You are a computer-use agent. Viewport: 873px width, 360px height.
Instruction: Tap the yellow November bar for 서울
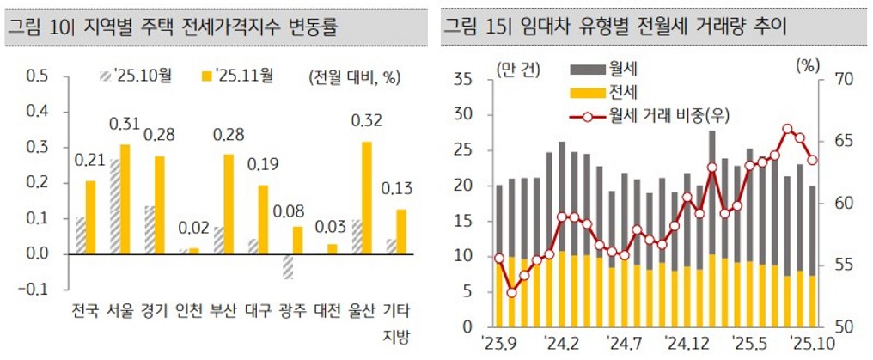click(125, 199)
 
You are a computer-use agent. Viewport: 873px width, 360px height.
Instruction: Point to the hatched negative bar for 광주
click(287, 266)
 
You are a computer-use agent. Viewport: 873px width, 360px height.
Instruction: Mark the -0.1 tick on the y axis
click(34, 290)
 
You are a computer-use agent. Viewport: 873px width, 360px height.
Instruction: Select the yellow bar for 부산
click(228, 204)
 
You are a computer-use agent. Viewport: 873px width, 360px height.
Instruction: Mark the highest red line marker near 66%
click(788, 129)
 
